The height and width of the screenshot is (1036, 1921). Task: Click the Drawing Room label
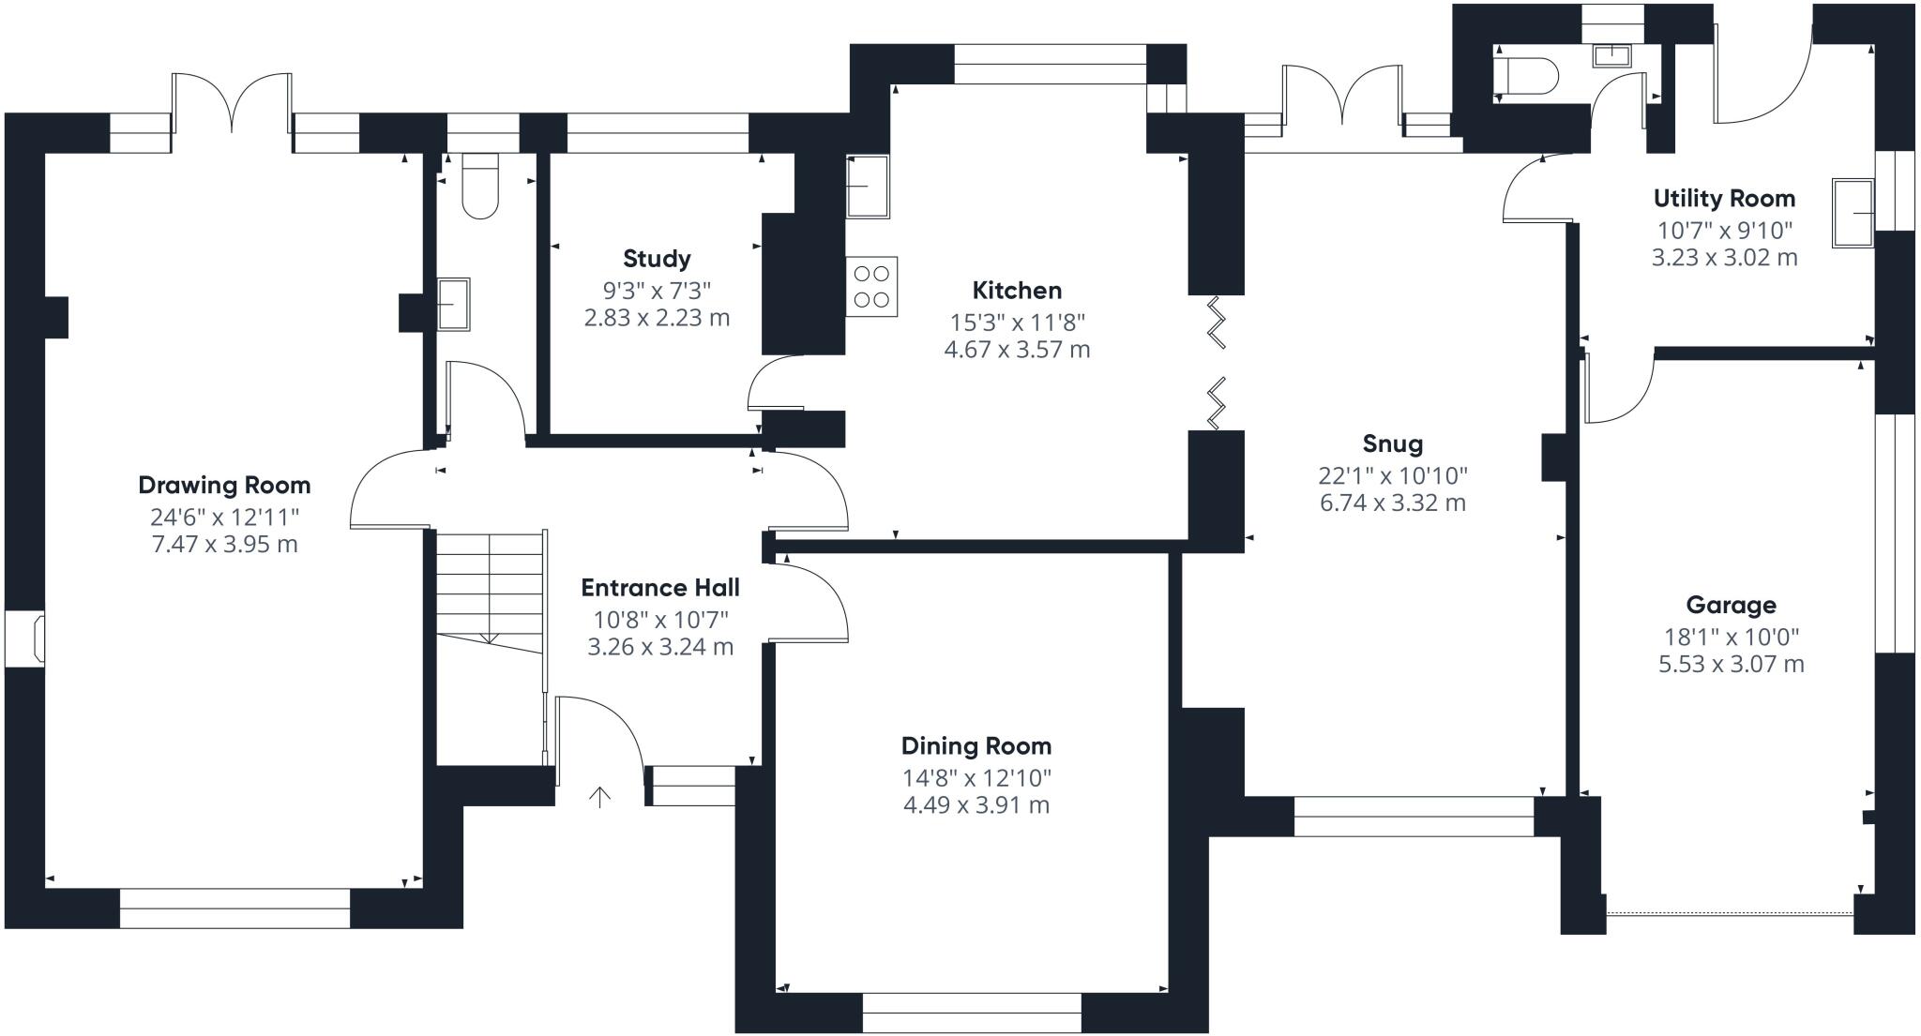click(x=224, y=486)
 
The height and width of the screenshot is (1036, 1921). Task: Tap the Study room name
click(x=657, y=259)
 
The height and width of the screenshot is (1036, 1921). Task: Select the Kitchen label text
click(x=1017, y=291)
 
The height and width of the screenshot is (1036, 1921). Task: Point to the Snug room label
click(x=1393, y=444)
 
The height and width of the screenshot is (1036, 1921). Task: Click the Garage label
click(x=1732, y=606)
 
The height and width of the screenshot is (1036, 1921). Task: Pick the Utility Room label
click(x=1724, y=199)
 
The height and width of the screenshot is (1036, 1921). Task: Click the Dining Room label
click(x=976, y=746)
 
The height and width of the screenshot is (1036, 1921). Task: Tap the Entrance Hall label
click(x=660, y=588)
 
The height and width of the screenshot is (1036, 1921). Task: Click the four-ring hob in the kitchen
click(x=871, y=287)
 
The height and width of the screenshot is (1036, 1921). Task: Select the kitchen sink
click(x=868, y=187)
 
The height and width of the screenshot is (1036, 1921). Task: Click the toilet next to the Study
click(x=480, y=186)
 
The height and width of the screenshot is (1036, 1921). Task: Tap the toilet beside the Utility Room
click(x=1525, y=73)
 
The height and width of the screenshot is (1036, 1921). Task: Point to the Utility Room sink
click(x=1853, y=214)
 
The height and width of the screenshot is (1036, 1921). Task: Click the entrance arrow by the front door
click(x=599, y=797)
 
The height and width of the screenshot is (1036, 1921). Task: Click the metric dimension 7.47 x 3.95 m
click(x=225, y=545)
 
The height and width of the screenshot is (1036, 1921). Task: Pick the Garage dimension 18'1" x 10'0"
click(x=1732, y=638)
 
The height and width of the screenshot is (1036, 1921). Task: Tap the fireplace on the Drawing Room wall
click(x=25, y=640)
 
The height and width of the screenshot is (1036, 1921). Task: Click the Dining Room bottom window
click(x=972, y=1013)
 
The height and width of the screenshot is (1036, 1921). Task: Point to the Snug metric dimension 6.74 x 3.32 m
click(x=1393, y=503)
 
